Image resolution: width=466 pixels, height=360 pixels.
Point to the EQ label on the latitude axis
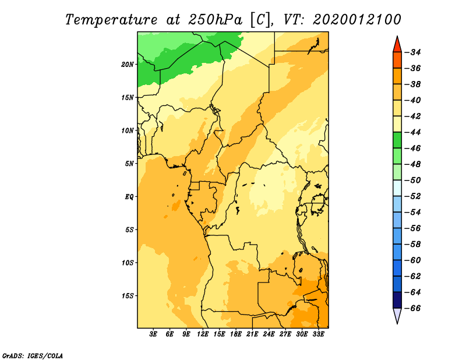pyautogui.click(x=129, y=196)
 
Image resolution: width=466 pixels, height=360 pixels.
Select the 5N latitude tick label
pyautogui.click(x=130, y=164)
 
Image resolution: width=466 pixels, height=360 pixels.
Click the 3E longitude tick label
pyautogui.click(x=153, y=334)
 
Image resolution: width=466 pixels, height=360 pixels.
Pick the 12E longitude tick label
pyautogui.click(x=203, y=334)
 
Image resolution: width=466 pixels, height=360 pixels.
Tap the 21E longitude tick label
pyautogui.click(x=252, y=334)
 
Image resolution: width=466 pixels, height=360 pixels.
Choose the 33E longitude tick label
pyautogui.click(x=318, y=334)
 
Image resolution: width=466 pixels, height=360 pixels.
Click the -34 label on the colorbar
pyautogui.click(x=414, y=52)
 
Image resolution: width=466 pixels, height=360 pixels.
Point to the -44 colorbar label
pyautogui.click(x=414, y=132)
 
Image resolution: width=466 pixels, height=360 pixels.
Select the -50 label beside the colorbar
pyautogui.click(x=414, y=181)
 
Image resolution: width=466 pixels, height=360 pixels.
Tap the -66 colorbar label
pyautogui.click(x=414, y=308)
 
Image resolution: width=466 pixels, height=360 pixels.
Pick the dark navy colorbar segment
pyautogui.click(x=397, y=300)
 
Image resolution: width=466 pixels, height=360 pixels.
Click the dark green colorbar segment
pyautogui.click(x=397, y=140)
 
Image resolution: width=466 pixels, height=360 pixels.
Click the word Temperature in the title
pyautogui.click(x=111, y=20)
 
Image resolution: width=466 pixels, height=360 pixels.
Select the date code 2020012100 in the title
pyautogui.click(x=356, y=20)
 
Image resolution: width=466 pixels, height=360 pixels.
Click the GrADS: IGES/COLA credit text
pyautogui.click(x=33, y=355)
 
